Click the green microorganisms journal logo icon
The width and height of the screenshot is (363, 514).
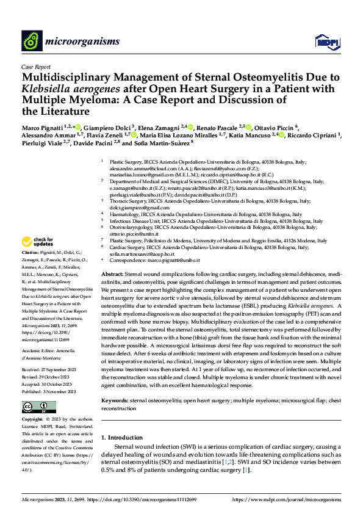click(x=32, y=41)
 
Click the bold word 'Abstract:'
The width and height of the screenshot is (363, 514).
click(x=113, y=275)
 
